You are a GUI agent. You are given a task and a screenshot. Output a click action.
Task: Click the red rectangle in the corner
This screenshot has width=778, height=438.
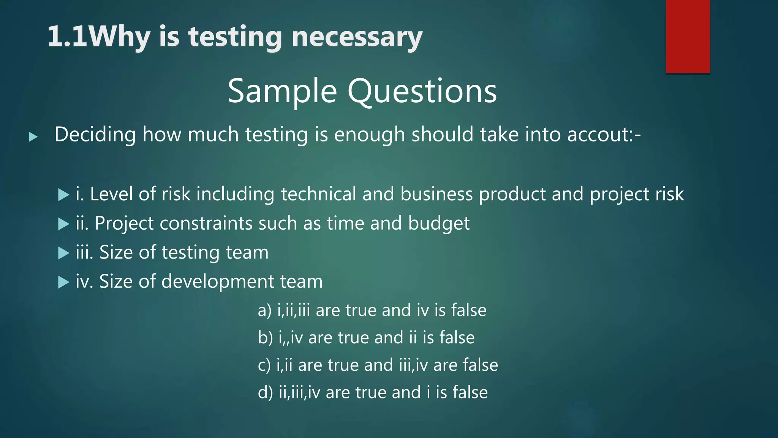tap(688, 36)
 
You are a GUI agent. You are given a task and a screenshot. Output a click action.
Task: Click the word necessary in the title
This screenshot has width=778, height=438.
tap(357, 37)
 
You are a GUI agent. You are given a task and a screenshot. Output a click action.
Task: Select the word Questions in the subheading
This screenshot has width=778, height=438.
tap(422, 91)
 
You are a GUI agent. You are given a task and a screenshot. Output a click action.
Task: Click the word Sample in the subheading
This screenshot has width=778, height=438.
tap(282, 91)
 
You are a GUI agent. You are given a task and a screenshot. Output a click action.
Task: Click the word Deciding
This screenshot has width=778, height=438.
tap(95, 135)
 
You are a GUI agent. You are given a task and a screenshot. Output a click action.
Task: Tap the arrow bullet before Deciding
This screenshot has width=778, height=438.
tap(33, 137)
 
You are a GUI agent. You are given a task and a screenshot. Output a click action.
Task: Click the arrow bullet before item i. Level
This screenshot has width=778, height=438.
tap(63, 195)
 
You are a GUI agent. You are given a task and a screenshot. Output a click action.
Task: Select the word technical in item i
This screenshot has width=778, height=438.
tap(318, 194)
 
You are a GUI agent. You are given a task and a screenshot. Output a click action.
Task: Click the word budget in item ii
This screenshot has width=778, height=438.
tap(439, 223)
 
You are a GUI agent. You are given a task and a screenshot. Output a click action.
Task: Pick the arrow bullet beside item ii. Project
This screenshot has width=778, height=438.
tap(63, 224)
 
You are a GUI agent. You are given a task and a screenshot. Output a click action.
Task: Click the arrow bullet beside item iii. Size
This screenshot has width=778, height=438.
tap(63, 253)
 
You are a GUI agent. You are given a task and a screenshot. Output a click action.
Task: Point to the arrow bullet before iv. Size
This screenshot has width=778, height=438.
tap(63, 282)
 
